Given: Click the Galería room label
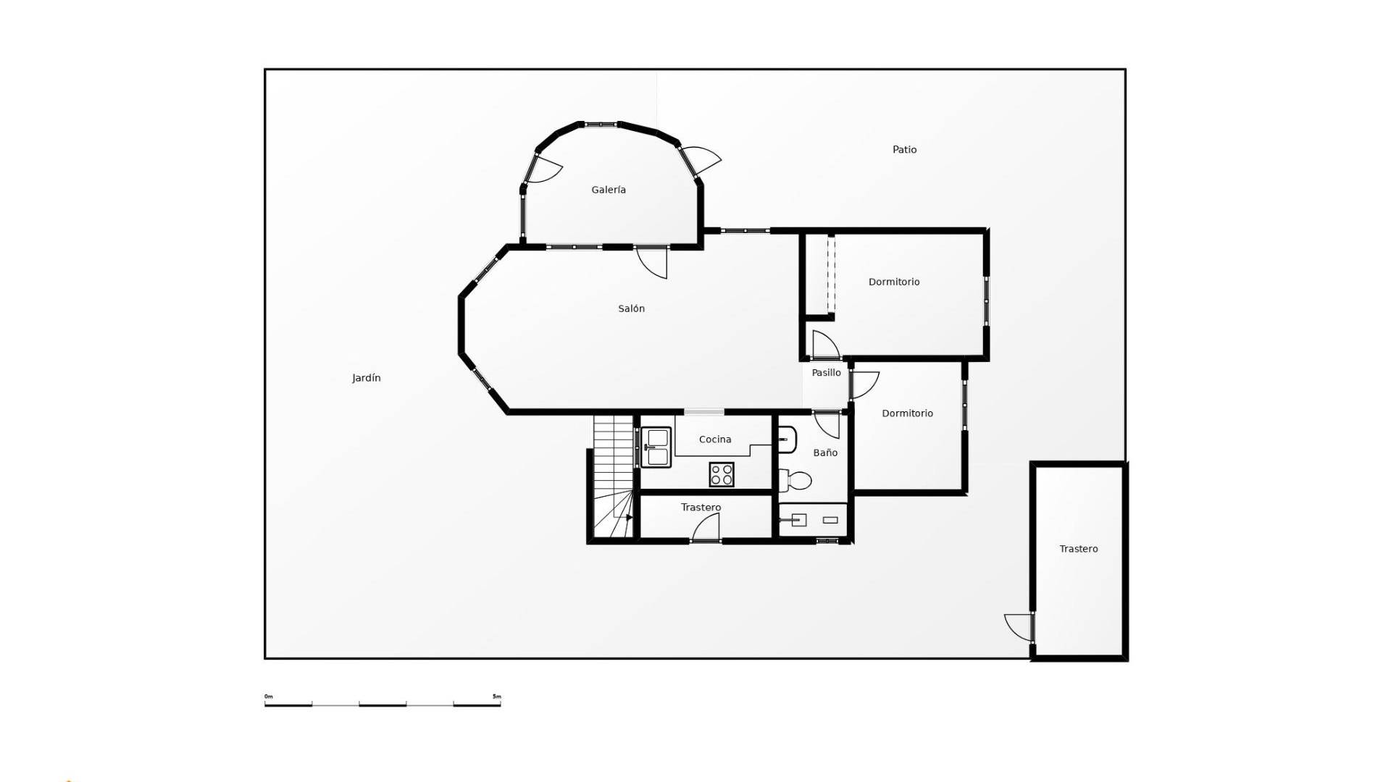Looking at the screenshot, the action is (609, 190).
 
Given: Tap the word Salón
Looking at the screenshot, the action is (631, 308).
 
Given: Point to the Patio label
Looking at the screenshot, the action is (904, 150).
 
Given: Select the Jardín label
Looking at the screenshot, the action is (367, 378).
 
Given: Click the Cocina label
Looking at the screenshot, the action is (715, 440).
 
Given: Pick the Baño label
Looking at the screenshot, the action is (825, 453).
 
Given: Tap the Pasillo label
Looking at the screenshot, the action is (826, 373).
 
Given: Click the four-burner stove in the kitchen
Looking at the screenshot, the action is (722, 475).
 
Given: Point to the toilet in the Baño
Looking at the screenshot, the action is (795, 479).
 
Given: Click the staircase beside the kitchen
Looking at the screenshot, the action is (614, 476).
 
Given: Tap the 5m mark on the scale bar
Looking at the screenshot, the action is (497, 697).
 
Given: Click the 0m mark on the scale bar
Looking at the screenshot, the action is (269, 697).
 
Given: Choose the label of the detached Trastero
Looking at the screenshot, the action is (1079, 549).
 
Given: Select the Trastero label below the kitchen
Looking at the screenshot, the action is (701, 508).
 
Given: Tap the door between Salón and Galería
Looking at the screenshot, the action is (652, 262).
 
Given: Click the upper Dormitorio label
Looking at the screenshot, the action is (894, 282).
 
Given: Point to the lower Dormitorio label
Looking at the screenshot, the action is (907, 413).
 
